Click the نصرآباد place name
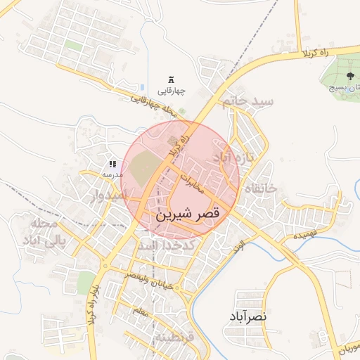pos(247,318)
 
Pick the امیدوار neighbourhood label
pos(121,195)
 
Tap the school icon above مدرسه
pos(112,164)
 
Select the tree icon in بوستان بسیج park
pos(349,75)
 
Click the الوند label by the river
pos(237,247)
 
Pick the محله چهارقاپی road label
pos(152,102)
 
